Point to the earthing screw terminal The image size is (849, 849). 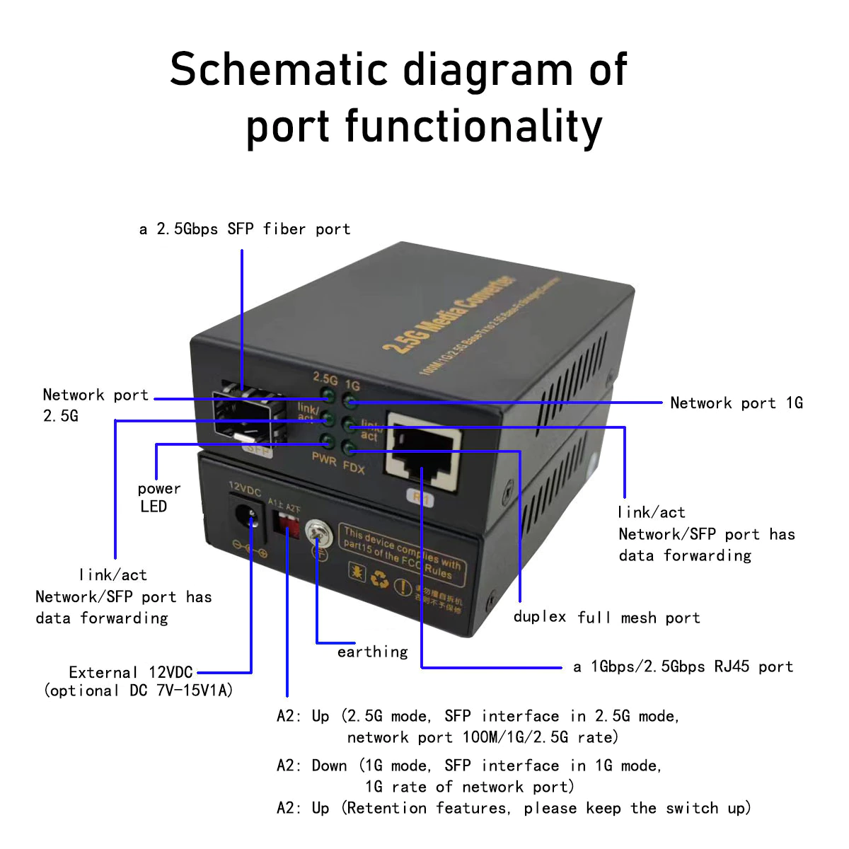(316, 532)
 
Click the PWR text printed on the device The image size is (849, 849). (324, 459)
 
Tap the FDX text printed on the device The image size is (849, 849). (354, 467)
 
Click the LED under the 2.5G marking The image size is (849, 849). (328, 395)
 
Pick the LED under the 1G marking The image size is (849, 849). (350, 401)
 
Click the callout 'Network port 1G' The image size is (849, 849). (736, 403)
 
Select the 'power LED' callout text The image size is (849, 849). (158, 497)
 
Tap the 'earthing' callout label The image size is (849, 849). (372, 652)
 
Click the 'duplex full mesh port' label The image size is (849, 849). (606, 618)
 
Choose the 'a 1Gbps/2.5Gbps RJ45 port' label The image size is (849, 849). (683, 666)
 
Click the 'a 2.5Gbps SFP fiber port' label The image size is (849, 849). (245, 229)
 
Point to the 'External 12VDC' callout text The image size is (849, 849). (131, 672)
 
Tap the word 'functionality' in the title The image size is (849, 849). (473, 127)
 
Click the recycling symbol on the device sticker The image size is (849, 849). (380, 579)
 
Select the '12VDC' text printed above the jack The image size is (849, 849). (245, 489)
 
